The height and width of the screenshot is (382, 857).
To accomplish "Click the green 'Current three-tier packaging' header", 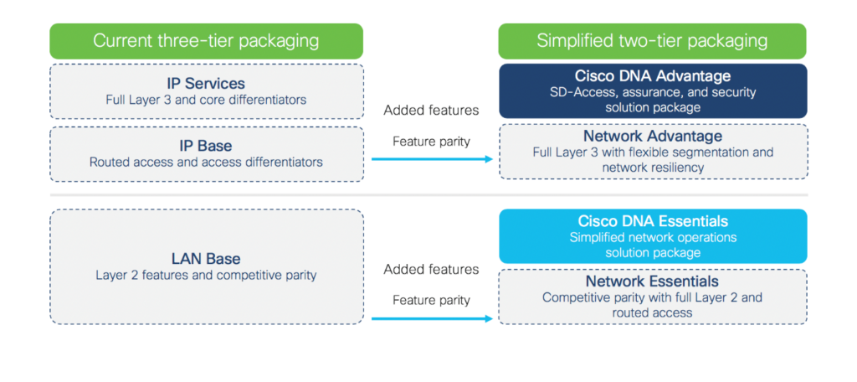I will [x=206, y=40].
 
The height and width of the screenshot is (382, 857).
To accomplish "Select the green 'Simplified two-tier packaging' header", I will [x=652, y=40].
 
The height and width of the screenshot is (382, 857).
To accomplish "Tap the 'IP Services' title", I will [x=206, y=84].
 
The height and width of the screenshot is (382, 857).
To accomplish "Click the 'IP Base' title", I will [x=206, y=146].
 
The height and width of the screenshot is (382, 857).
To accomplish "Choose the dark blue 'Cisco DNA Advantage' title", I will [x=652, y=77].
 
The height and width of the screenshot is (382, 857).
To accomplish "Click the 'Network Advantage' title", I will [x=652, y=137].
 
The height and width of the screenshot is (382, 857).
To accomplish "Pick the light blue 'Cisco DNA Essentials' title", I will [x=652, y=221].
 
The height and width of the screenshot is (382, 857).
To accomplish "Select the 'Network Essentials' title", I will [x=652, y=281].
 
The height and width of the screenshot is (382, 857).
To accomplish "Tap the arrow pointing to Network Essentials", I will [x=431, y=318].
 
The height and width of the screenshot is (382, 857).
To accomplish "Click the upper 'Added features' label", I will [x=431, y=110].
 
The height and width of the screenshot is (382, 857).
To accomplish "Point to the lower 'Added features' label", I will [x=431, y=269].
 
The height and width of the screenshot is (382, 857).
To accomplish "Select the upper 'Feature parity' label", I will [x=431, y=141].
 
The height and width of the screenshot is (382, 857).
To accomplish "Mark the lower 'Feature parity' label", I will [x=431, y=300].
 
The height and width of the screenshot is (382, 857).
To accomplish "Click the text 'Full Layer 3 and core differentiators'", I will [x=206, y=101].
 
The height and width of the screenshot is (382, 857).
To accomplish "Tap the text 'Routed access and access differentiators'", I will [x=206, y=163].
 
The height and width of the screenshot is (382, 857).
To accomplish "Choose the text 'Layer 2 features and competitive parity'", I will [x=206, y=274].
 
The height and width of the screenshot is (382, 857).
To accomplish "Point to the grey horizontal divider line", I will [x=428, y=195].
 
